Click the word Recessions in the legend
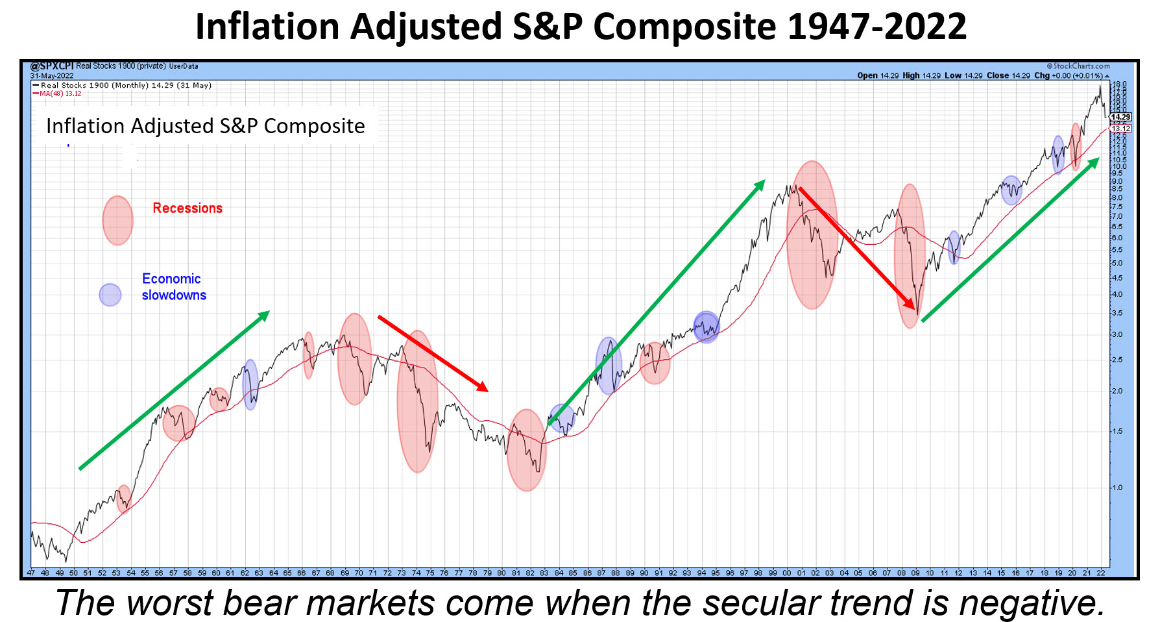(x=187, y=208)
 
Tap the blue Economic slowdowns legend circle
(x=110, y=295)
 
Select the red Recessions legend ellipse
(x=117, y=221)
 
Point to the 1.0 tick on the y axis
(x=1117, y=488)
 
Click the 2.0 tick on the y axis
(x=1117, y=391)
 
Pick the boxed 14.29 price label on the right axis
(x=1121, y=118)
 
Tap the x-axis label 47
(x=31, y=573)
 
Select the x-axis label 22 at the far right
(x=1101, y=573)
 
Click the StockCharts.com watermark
(x=1078, y=66)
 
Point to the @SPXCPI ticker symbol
(x=53, y=66)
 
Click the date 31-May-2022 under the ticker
(x=52, y=76)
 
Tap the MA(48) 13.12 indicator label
(x=60, y=93)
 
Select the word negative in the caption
(x=1031, y=603)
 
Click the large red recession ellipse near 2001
(x=812, y=234)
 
